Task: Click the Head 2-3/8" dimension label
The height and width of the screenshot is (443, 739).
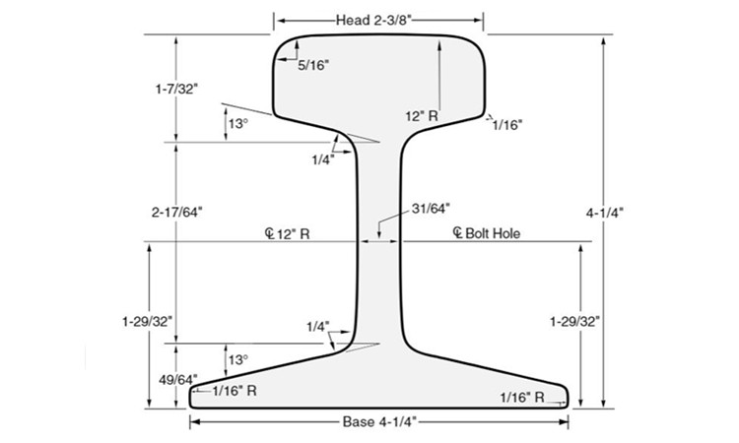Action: click(x=378, y=19)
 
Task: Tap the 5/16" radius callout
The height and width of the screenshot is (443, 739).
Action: click(x=313, y=65)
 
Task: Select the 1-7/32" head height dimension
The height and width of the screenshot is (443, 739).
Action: click(x=176, y=90)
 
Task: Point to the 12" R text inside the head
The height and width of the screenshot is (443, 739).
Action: click(x=421, y=116)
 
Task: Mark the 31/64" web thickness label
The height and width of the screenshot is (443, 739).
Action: click(x=430, y=208)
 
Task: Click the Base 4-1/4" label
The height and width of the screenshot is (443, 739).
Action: click(x=379, y=422)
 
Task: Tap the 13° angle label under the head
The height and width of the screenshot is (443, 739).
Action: click(x=237, y=124)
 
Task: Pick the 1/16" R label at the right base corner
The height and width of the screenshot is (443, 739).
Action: click(x=522, y=398)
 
